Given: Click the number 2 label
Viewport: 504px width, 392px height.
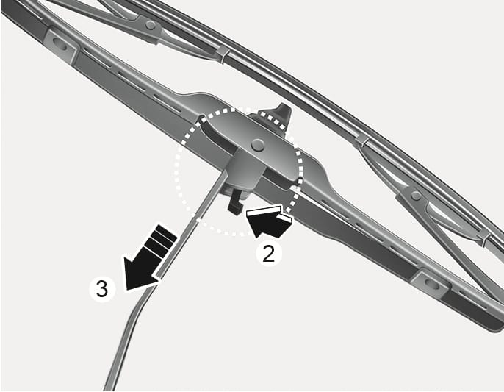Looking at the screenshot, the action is (x=269, y=253).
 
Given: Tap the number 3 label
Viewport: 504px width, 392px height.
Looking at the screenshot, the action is (x=102, y=289).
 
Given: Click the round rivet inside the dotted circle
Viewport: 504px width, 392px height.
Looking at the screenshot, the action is (x=258, y=145).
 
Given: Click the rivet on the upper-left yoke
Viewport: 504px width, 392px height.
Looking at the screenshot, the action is (x=150, y=25).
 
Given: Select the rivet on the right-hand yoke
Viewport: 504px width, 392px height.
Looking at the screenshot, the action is (x=416, y=195).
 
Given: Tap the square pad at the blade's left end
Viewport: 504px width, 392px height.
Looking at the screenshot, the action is (x=60, y=46).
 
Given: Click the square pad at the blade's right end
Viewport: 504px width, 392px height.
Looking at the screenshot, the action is (x=429, y=283).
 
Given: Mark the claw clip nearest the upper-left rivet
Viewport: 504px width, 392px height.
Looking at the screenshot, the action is (x=222, y=54).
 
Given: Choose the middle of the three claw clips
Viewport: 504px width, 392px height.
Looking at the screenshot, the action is (x=362, y=140).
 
